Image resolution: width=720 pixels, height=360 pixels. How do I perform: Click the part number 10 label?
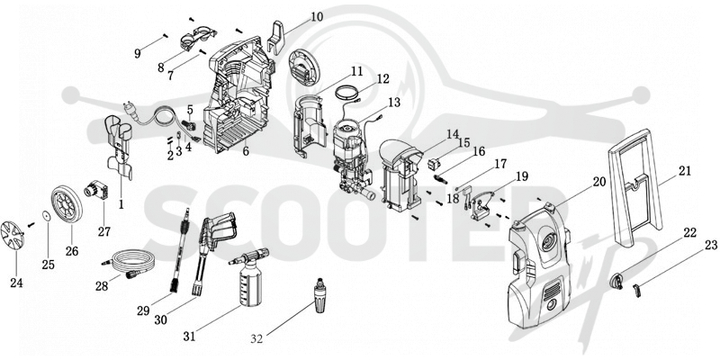click(317, 17)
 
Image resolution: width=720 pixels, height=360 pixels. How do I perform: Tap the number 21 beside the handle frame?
click(684, 171)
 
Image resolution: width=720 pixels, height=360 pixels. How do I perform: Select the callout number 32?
click(257, 339)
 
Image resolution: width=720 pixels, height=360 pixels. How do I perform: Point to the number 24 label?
click(16, 283)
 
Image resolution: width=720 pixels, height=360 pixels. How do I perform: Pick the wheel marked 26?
click(67, 203)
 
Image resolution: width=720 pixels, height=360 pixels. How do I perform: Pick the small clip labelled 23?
click(636, 290)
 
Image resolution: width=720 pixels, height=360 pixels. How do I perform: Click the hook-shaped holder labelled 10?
click(275, 38)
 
